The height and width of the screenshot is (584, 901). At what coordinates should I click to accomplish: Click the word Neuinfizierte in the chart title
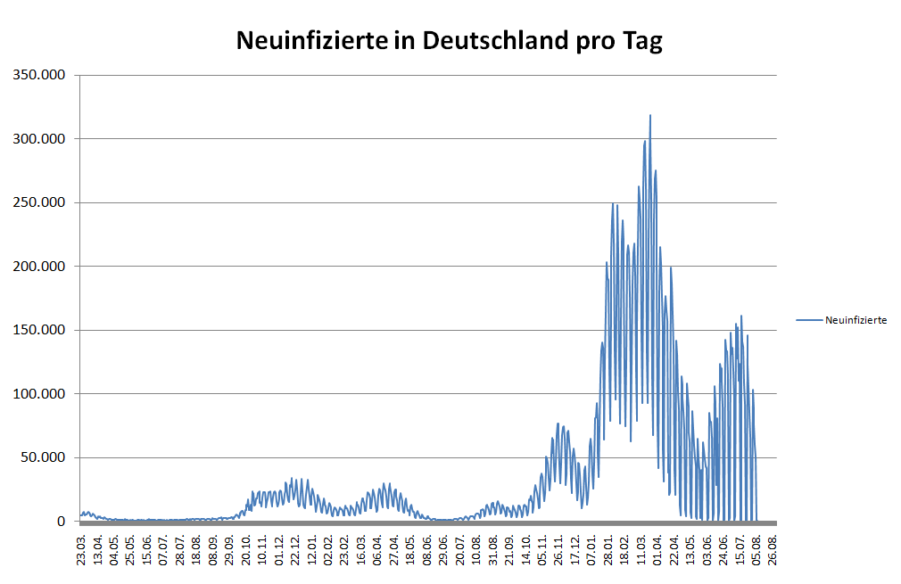click(312, 41)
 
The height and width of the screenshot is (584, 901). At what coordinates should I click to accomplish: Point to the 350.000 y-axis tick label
click(39, 75)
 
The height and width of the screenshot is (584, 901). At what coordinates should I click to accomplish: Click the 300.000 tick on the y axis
click(39, 139)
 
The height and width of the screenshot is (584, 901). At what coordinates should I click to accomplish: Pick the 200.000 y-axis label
click(39, 267)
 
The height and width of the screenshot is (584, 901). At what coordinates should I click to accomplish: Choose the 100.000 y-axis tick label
click(39, 394)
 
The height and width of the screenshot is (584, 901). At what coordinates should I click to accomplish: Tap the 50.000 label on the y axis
click(43, 457)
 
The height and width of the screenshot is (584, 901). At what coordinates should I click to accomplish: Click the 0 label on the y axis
click(62, 522)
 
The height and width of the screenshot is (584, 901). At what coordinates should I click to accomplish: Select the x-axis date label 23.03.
click(81, 551)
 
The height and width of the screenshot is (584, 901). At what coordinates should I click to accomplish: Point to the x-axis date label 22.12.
click(295, 551)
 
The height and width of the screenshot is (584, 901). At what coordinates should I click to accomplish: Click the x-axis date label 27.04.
click(394, 551)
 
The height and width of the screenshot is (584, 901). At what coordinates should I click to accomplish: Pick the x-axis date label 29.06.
click(443, 551)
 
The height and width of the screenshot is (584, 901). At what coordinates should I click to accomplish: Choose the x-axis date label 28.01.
click(608, 551)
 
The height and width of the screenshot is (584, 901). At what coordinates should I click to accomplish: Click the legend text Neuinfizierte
click(856, 320)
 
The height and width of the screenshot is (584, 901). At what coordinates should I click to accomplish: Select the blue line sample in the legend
click(809, 320)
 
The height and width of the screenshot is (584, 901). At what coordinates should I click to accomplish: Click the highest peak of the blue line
click(650, 115)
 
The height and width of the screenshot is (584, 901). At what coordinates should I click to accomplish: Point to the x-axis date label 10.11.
click(262, 551)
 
